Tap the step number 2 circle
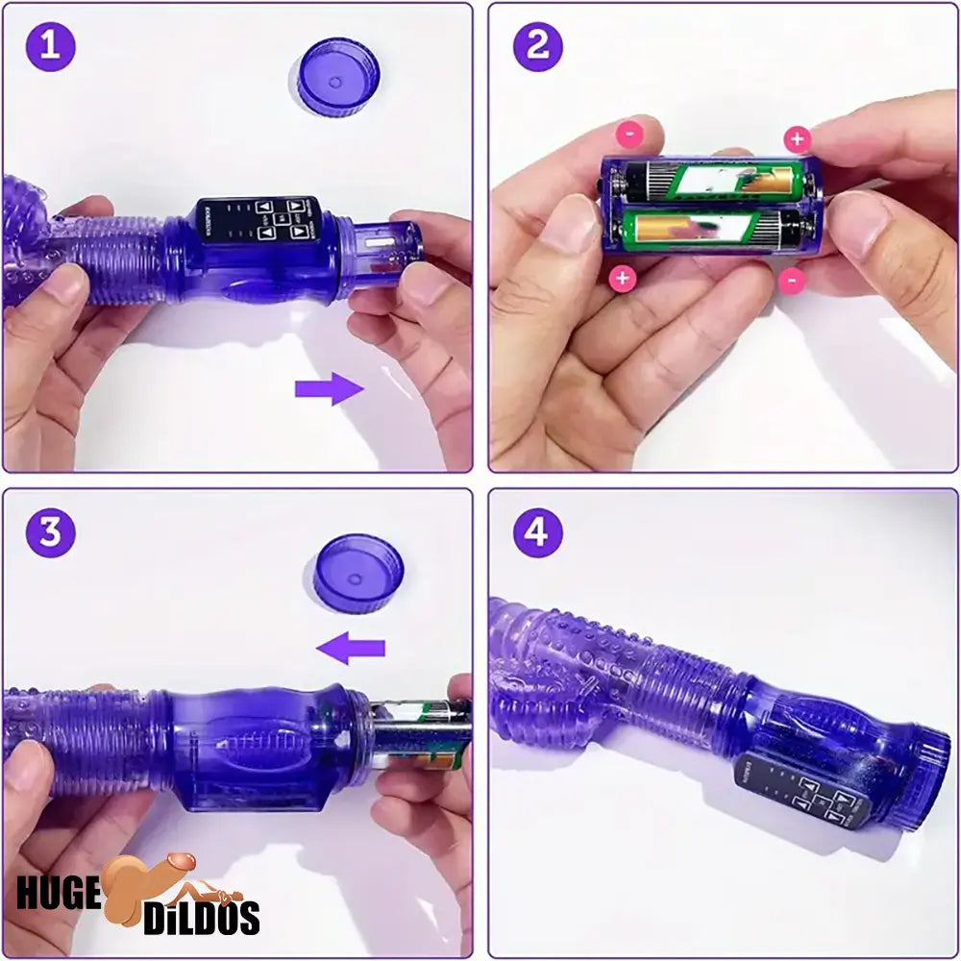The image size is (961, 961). pyautogui.click(x=537, y=46)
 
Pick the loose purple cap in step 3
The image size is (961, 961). pyautogui.click(x=358, y=573)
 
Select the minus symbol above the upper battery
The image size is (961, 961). pyautogui.click(x=628, y=135)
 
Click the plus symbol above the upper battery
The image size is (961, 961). pyautogui.click(x=797, y=139)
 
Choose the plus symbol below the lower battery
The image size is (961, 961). pyautogui.click(x=623, y=279)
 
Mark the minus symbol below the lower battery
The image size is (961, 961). pyautogui.click(x=791, y=279)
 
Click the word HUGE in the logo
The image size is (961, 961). pyautogui.click(x=58, y=893)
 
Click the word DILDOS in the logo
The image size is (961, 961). pyautogui.click(x=202, y=918)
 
